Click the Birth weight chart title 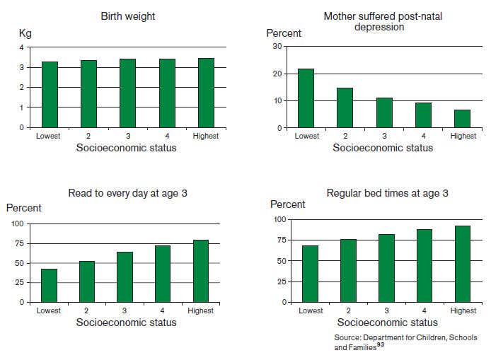pyautogui.click(x=127, y=16)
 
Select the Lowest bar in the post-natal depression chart pyautogui.click(x=306, y=98)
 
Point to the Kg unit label pyautogui.click(x=25, y=33)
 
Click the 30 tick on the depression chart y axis pyautogui.click(x=277, y=47)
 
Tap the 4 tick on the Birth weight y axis pyautogui.click(x=21, y=47)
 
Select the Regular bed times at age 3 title pyautogui.click(x=387, y=193)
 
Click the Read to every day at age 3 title pyautogui.click(x=128, y=193)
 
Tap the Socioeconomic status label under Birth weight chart pyautogui.click(x=127, y=147)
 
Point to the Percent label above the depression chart pyautogui.click(x=284, y=33)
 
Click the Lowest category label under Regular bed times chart pyautogui.click(x=311, y=310)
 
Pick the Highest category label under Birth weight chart pyautogui.click(x=205, y=136)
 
